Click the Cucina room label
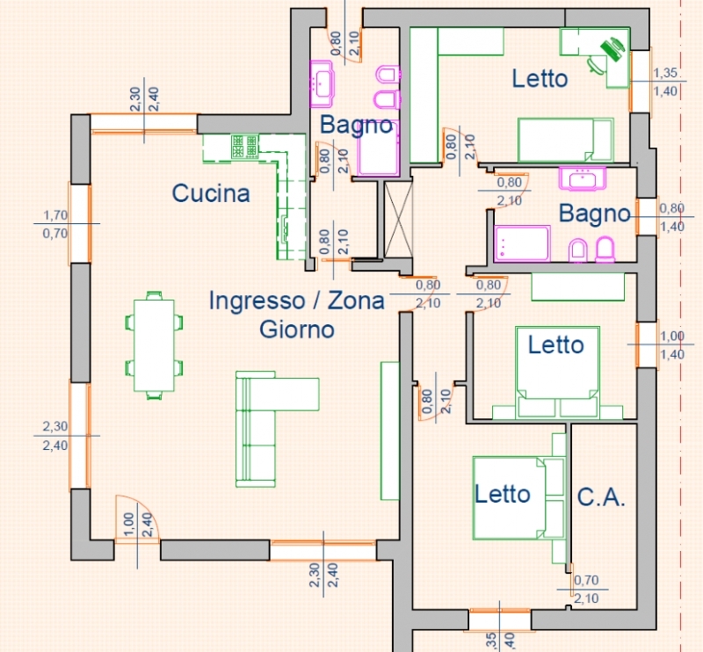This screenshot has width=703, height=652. click(x=211, y=193)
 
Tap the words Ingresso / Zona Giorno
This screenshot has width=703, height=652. click(x=297, y=315)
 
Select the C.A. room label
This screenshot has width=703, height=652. click(x=601, y=497)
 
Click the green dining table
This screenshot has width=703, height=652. click(x=154, y=345)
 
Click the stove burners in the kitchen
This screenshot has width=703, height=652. click(x=245, y=146)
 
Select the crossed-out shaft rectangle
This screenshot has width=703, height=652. click(x=398, y=220)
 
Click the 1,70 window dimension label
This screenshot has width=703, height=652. click(x=55, y=215)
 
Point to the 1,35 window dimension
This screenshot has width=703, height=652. click(x=665, y=73)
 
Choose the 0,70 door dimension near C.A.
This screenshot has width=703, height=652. click(x=586, y=580)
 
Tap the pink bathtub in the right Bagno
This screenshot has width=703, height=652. click(x=522, y=243)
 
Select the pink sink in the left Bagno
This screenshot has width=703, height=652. click(x=321, y=83)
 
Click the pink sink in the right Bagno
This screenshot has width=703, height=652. click(x=583, y=178)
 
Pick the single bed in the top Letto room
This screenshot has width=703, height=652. click(x=566, y=140)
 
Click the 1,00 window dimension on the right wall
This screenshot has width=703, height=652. click(x=672, y=336)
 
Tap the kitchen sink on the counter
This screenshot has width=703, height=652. click(x=285, y=228)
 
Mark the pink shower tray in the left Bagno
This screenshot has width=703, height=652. click(x=379, y=154)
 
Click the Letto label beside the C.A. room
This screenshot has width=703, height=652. click(x=502, y=494)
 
